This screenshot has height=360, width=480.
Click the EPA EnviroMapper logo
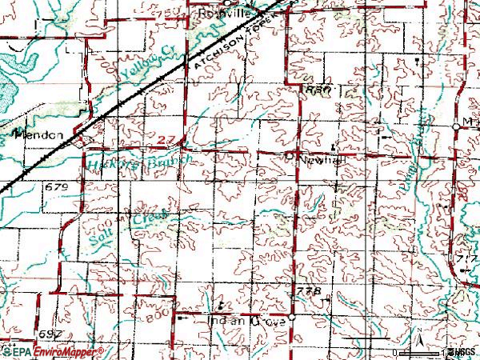point(52,351)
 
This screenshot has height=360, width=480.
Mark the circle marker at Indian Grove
point(292,318)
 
